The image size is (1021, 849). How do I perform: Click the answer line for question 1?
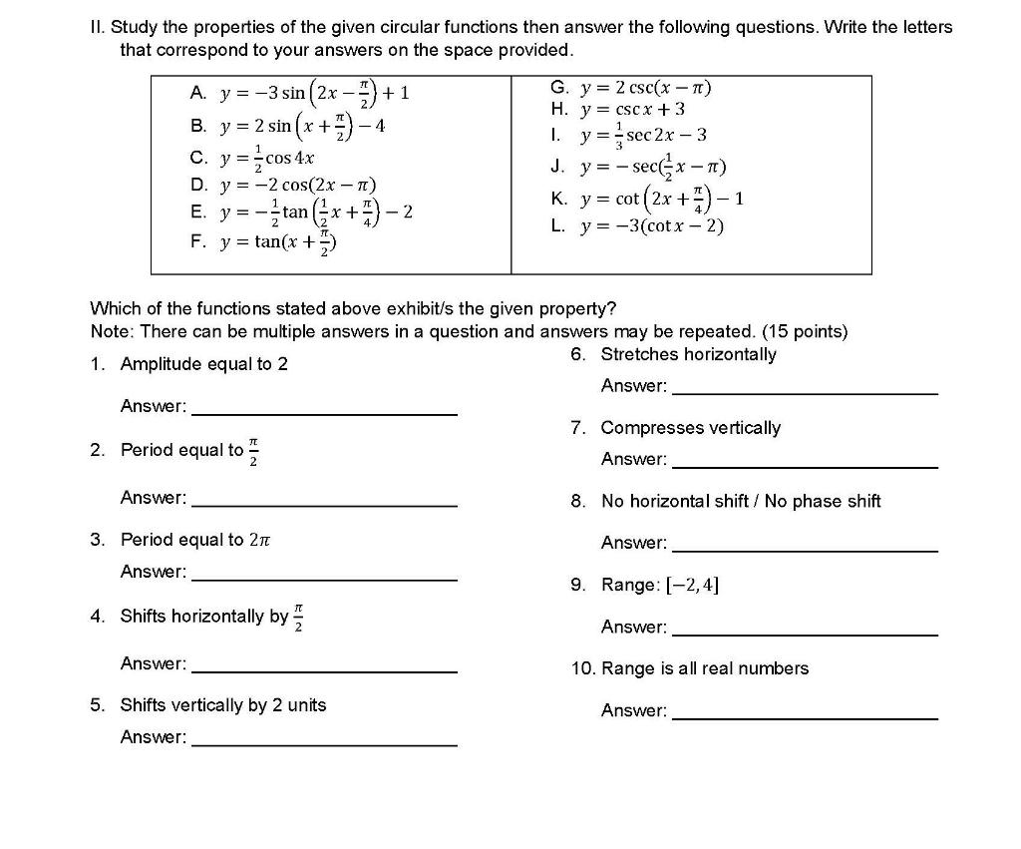pyautogui.click(x=324, y=413)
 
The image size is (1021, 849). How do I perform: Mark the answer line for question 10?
pyautogui.click(x=805, y=717)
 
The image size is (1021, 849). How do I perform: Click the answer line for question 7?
pyautogui.click(x=805, y=466)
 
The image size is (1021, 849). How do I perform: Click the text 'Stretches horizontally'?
pyautogui.click(x=688, y=354)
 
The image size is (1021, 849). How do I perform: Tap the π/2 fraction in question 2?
pyautogui.click(x=254, y=450)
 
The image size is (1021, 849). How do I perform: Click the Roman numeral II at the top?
pyautogui.click(x=97, y=28)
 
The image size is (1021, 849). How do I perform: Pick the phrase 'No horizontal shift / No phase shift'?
pyautogui.click(x=741, y=501)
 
